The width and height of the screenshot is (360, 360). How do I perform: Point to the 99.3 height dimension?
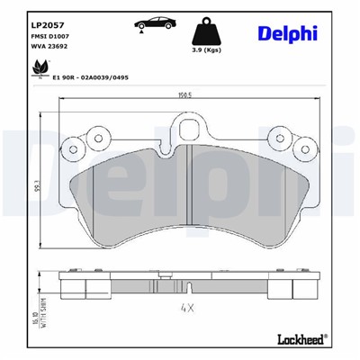click(x=34, y=186)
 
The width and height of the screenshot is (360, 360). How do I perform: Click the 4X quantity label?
click(x=185, y=311)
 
